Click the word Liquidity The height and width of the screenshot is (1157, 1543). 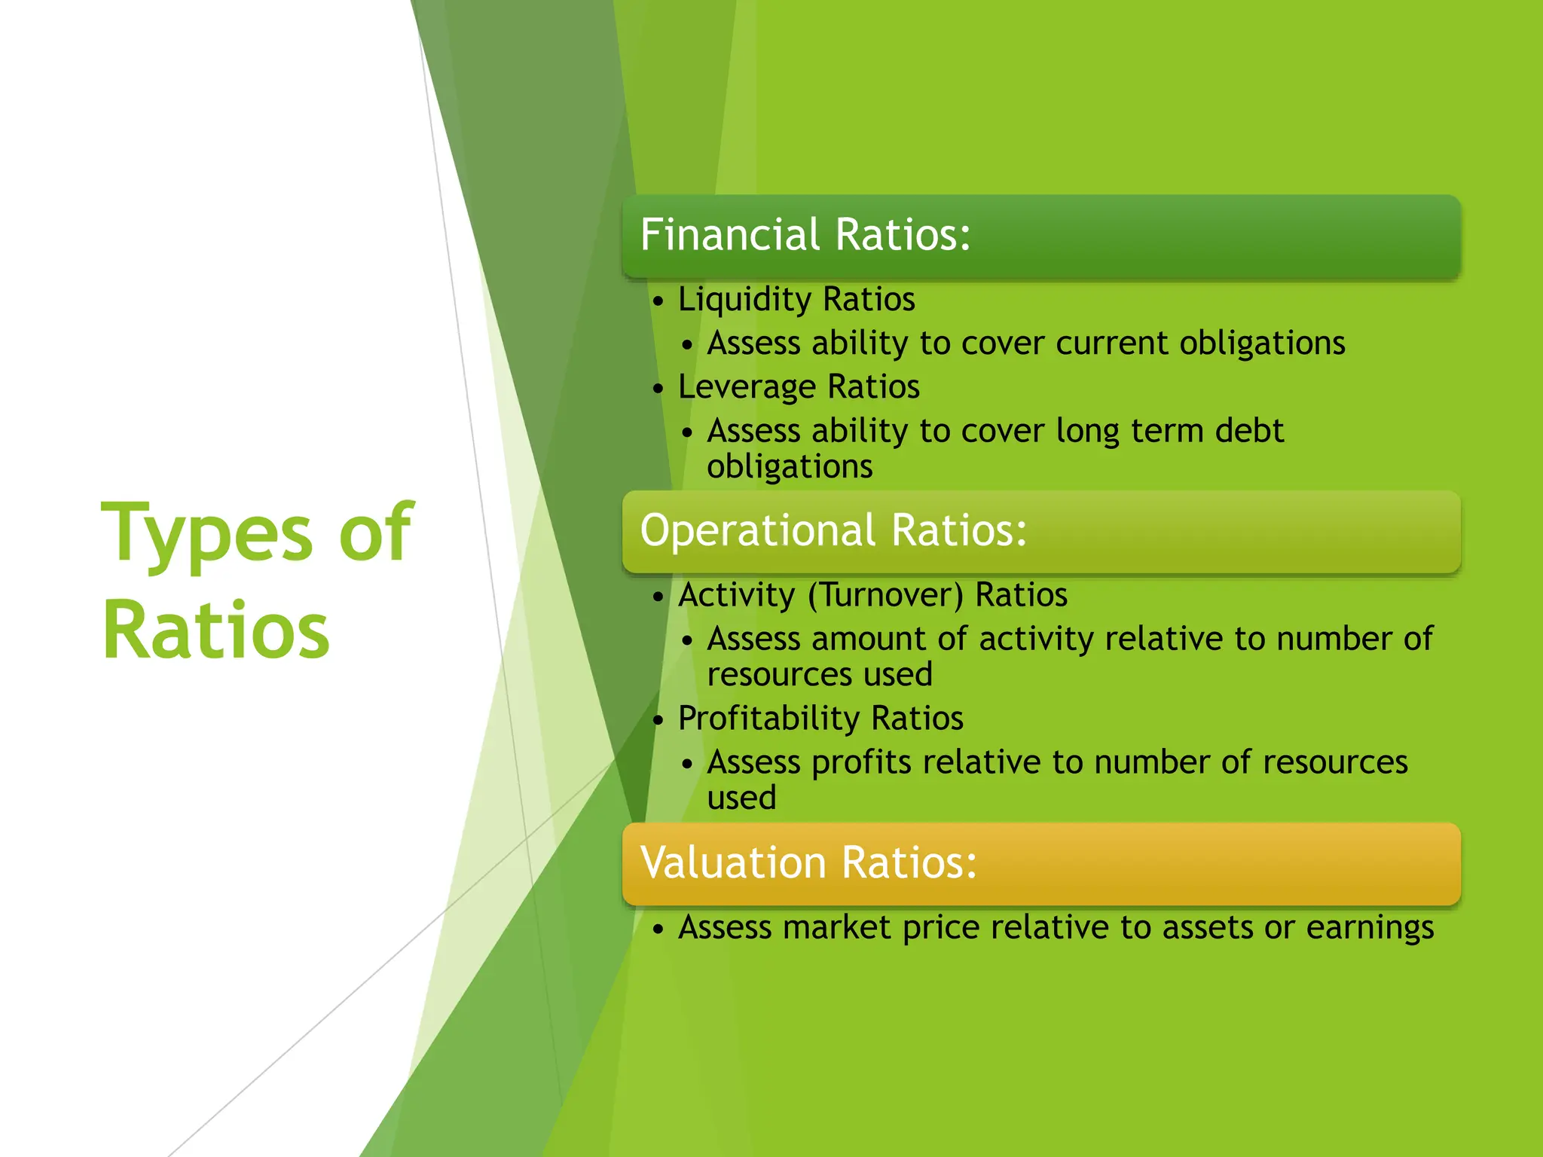744,299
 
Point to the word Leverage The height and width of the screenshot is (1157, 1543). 746,387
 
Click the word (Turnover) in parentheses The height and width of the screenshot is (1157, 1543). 885,595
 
